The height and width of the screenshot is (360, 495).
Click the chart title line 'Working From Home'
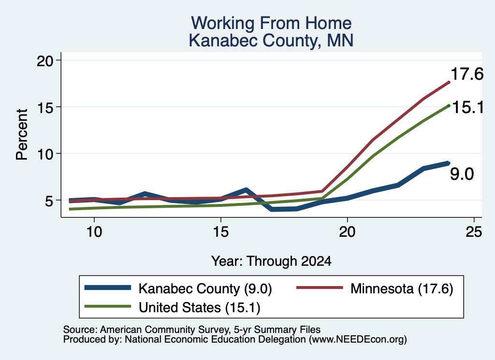pyautogui.click(x=271, y=23)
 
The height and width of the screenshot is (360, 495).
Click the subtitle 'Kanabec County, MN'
pyautogui.click(x=271, y=41)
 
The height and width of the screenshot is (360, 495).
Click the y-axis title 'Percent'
pyautogui.click(x=22, y=135)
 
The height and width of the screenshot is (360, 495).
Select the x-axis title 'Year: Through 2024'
pyautogui.click(x=271, y=261)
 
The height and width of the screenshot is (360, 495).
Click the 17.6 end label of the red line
pyautogui.click(x=467, y=74)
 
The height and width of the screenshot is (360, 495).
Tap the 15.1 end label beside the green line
pyautogui.click(x=468, y=108)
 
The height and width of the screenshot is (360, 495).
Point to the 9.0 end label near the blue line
pyautogui.click(x=462, y=174)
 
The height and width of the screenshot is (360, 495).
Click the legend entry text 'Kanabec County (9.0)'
pyautogui.click(x=205, y=288)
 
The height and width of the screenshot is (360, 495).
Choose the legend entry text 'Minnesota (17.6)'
pyautogui.click(x=402, y=288)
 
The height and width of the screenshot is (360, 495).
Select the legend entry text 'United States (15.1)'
pyautogui.click(x=200, y=307)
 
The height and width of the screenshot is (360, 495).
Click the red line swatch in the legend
pyautogui.click(x=320, y=288)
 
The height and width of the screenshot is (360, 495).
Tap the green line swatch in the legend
pyautogui.click(x=108, y=306)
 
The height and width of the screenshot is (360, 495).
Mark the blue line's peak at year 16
pyautogui.click(x=246, y=190)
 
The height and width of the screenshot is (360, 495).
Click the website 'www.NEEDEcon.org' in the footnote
pyautogui.click(x=357, y=340)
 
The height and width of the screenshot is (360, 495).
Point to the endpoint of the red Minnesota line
pyautogui.click(x=449, y=82)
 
